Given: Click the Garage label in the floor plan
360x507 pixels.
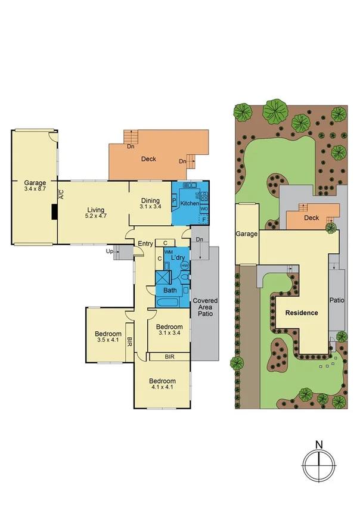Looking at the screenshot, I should tap(35, 183).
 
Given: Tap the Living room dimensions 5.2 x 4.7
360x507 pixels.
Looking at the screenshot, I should tap(96, 216).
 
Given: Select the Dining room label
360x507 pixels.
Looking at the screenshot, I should tap(150, 200).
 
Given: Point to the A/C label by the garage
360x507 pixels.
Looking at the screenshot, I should tap(61, 195).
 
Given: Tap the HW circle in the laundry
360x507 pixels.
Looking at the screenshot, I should tap(185, 265).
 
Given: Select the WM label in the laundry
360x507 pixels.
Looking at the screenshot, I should tap(169, 253).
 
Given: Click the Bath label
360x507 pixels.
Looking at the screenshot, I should tap(170, 291).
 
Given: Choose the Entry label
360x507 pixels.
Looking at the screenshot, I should tap(145, 243).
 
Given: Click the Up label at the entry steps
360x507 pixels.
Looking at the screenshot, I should tap(109, 252).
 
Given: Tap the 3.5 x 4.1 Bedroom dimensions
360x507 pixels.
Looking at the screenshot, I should tap(108, 340).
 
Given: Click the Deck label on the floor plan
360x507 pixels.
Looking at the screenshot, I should tap(148, 159).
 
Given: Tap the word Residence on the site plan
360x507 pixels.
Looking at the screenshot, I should tap(301, 313).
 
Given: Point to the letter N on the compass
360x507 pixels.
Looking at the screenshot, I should tap(319, 444).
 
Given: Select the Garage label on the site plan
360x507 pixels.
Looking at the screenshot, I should tap(247, 235).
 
